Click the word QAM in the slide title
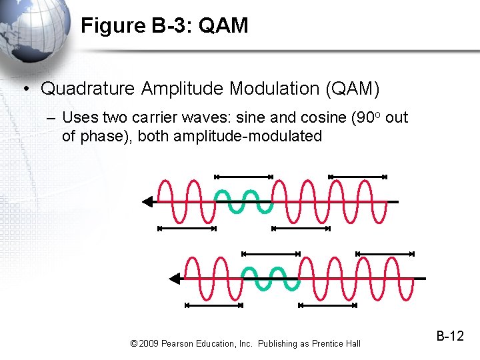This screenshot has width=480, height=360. (223, 26)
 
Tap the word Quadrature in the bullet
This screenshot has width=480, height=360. (89, 89)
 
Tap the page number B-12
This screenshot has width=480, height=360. (450, 336)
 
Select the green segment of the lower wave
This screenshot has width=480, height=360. (270, 279)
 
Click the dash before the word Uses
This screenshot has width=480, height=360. (51, 119)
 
